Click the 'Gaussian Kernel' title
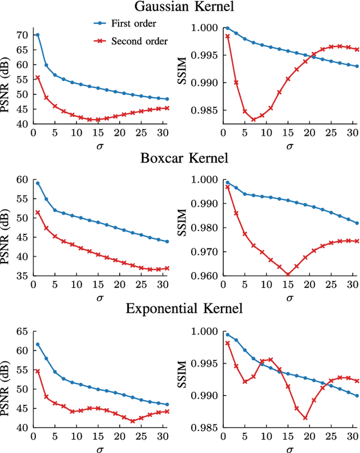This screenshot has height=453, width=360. point(180,7)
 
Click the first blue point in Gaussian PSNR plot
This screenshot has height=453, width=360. point(38,35)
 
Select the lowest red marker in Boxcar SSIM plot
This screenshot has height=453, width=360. point(288,275)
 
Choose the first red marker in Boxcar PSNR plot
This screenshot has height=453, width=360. point(38,212)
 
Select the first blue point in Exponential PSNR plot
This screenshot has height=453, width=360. point(38,345)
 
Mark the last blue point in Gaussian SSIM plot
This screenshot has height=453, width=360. point(357,66)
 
